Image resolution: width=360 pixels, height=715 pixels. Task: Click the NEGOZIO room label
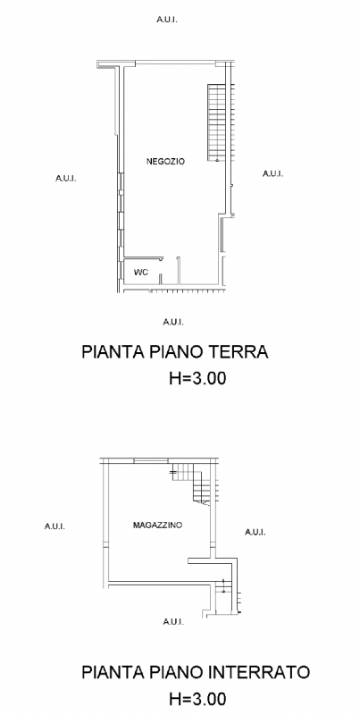click(165, 161)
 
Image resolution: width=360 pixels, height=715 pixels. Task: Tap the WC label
click(140, 272)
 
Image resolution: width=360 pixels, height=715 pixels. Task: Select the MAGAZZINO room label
click(157, 526)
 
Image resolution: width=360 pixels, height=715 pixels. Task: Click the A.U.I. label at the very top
click(166, 20)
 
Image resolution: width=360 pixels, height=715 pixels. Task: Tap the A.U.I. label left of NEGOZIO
click(66, 179)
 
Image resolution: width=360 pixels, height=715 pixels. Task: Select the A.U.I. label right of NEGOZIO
click(272, 173)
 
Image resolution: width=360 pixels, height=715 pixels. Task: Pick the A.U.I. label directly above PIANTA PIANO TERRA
click(173, 321)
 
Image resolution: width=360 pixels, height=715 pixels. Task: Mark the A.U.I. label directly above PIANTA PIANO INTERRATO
click(173, 620)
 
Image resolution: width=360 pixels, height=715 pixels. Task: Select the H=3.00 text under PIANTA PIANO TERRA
click(197, 378)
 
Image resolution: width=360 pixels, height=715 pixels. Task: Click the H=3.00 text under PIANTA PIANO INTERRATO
click(197, 698)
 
